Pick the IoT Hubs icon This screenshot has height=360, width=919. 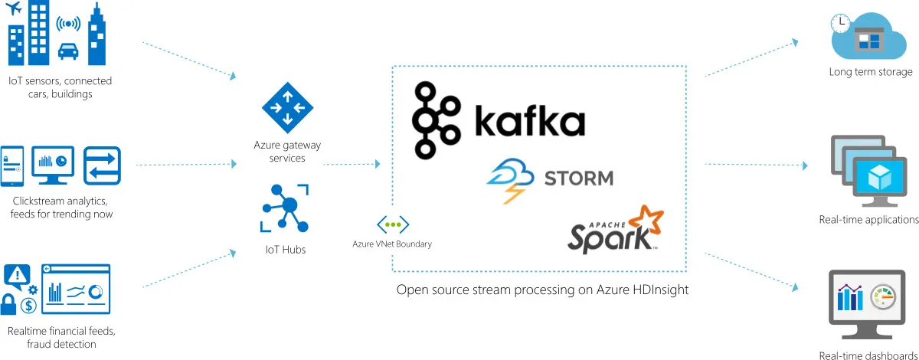(x=284, y=208)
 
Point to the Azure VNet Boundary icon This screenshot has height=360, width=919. (x=392, y=224)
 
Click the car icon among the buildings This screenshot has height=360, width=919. (x=67, y=52)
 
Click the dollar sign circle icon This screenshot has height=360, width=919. (x=30, y=306)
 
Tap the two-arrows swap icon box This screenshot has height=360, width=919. (x=102, y=165)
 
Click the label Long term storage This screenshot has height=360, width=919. (x=871, y=73)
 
